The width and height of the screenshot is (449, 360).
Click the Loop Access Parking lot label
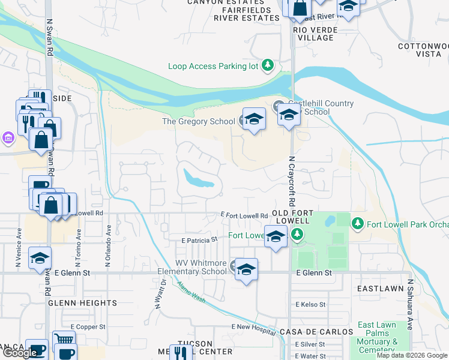pos(213,66)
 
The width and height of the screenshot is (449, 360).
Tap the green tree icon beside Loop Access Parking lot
pos(268,65)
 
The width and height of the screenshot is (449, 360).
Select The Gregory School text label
pos(199,121)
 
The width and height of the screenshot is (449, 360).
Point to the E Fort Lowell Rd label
pos(244,215)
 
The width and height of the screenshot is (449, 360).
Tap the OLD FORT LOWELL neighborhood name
pos(298,217)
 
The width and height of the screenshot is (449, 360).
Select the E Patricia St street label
pos(199,239)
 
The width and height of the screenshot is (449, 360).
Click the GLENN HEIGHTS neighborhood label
pos(82,303)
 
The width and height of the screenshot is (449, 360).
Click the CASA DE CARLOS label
pos(316,332)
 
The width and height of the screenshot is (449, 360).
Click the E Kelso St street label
pos(310,305)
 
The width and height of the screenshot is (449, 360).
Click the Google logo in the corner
pos(20,353)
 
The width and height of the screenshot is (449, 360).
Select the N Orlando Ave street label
pos(109,245)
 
